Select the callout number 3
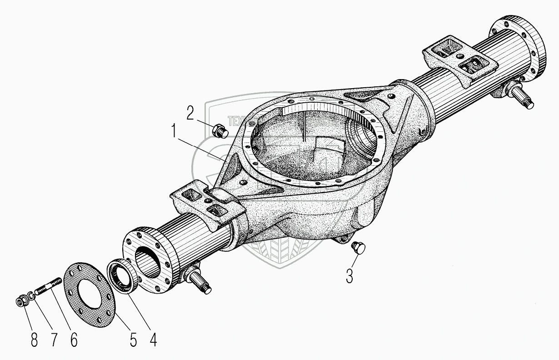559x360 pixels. click(349, 275)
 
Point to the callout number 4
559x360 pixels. click(153, 340)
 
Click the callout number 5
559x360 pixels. click(133, 340)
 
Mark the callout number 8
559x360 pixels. click(34, 340)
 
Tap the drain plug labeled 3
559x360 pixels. click(359, 247)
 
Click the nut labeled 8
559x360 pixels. click(21, 301)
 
